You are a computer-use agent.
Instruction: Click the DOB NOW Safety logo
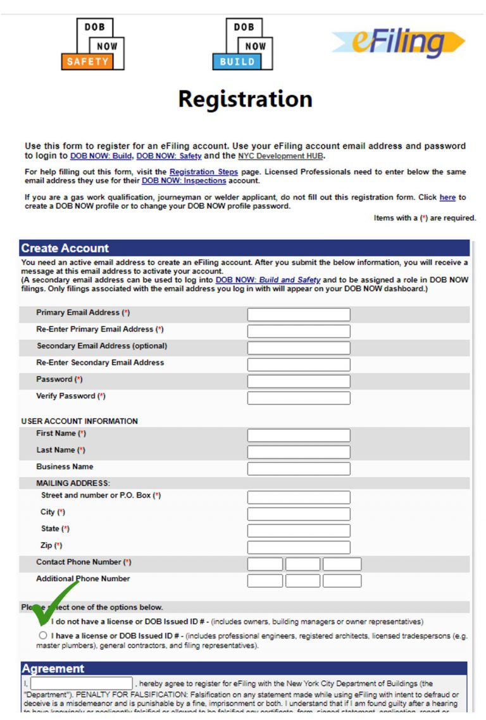click(92, 44)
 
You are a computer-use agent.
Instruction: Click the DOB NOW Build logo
click(242, 44)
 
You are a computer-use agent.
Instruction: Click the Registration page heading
click(245, 99)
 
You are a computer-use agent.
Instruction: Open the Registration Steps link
click(204, 172)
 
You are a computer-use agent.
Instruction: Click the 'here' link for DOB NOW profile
click(447, 197)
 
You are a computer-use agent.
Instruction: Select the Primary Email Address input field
click(298, 314)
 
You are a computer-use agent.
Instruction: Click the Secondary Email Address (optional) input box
click(298, 348)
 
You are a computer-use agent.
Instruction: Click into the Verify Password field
click(298, 398)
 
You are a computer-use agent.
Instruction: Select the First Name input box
click(298, 435)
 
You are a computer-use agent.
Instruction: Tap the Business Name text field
click(298, 469)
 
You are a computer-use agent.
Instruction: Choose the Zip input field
click(298, 547)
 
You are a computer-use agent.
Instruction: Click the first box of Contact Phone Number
click(265, 564)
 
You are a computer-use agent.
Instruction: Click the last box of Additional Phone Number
click(342, 580)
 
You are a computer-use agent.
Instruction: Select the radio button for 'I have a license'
click(43, 635)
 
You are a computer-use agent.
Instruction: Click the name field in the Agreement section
click(82, 683)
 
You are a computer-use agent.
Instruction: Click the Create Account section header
click(65, 248)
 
